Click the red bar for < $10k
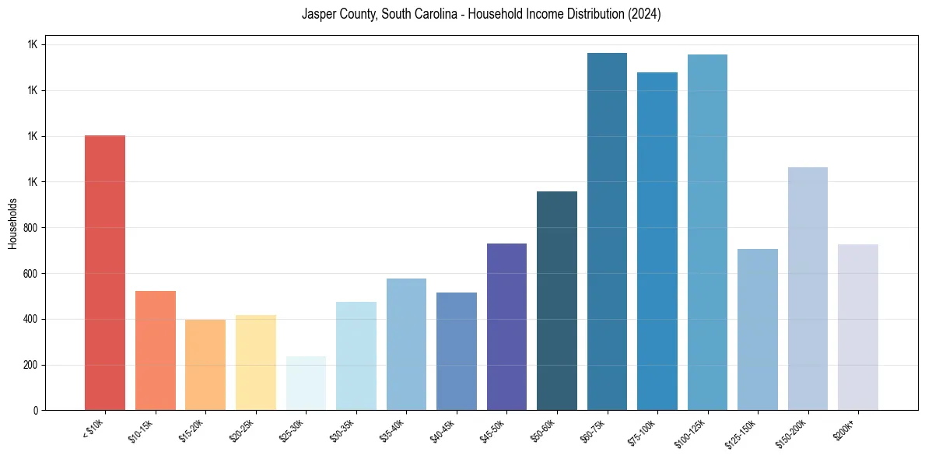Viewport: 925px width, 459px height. (x=104, y=272)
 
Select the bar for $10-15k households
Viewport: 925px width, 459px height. (x=155, y=350)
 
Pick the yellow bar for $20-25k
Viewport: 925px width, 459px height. (x=255, y=363)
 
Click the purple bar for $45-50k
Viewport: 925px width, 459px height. (x=506, y=327)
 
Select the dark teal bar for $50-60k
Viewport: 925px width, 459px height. (x=557, y=300)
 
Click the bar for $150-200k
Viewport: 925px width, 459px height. (x=808, y=289)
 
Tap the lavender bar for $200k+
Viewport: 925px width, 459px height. (x=858, y=327)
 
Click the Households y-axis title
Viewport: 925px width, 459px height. (x=12, y=222)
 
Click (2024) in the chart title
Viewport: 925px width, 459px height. (x=645, y=14)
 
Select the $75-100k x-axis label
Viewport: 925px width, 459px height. (x=643, y=431)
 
